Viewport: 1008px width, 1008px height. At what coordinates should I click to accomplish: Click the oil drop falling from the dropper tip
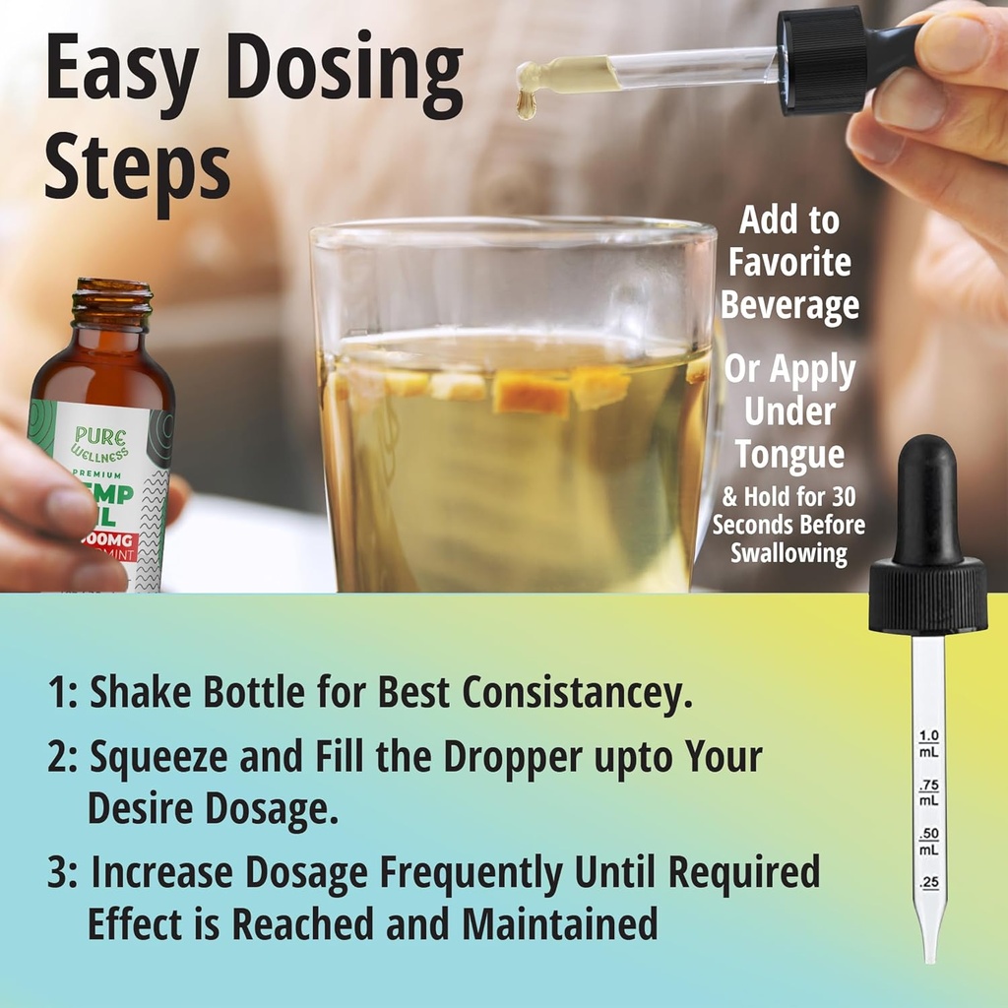click(x=528, y=105)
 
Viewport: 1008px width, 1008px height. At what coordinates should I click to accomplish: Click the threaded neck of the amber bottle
click(x=114, y=305)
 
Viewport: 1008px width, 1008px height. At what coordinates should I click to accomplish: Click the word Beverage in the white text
click(x=789, y=305)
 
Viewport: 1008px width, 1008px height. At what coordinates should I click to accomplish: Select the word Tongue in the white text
click(x=789, y=456)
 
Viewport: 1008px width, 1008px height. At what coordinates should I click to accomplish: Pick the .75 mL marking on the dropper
click(x=928, y=792)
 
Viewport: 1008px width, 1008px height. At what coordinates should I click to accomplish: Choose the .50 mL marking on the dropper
click(x=928, y=841)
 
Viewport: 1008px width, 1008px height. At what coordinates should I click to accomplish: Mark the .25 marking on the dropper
click(x=928, y=883)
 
